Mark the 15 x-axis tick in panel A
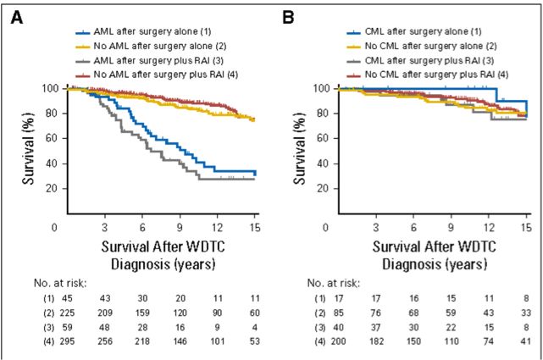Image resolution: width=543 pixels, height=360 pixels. tap(254, 227)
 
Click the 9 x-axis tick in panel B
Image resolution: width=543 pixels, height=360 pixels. tap(451, 227)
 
